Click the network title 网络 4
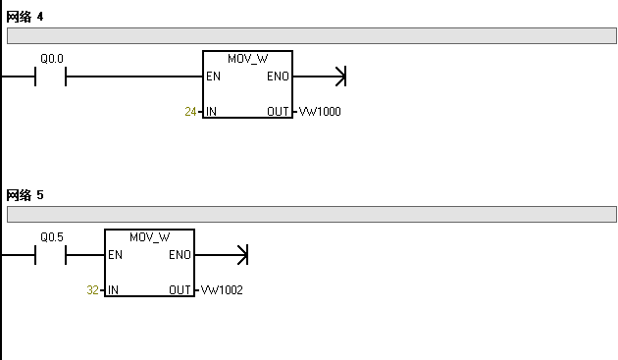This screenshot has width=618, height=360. coord(25,18)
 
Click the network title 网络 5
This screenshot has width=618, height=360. coord(25,195)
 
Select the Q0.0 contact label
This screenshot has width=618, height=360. coord(51,59)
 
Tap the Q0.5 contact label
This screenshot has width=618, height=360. coord(51,237)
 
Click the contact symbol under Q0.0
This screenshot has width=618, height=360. coord(50,77)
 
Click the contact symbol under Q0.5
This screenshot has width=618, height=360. coord(50,255)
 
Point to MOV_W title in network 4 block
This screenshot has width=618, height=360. coord(247,59)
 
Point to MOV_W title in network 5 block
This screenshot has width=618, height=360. coord(149,237)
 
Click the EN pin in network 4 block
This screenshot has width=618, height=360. coord(213,77)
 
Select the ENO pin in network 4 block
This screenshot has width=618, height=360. coord(278,77)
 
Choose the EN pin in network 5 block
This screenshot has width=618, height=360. coord(116,255)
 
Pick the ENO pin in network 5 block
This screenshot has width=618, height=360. coord(180,255)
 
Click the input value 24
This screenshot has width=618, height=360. coord(190,112)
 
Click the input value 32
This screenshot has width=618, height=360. coord(92,290)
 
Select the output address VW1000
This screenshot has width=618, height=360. coord(320,112)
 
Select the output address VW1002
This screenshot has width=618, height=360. coord(222,290)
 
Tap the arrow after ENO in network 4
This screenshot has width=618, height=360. coord(340,77)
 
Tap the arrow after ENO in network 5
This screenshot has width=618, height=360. coord(242,255)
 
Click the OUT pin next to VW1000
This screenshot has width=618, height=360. coord(278,112)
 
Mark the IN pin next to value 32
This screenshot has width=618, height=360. coord(114,290)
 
